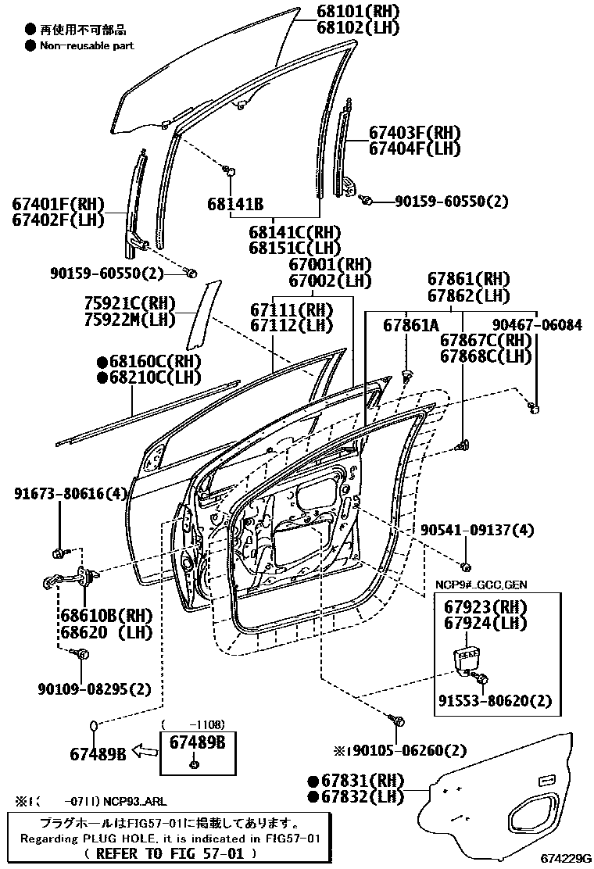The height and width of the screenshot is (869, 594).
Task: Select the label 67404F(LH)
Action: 414,148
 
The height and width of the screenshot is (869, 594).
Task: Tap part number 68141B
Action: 234,205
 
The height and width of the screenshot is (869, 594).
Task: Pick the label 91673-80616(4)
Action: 70,494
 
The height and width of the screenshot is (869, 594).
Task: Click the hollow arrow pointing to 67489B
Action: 144,753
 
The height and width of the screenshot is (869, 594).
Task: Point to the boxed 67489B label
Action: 197,742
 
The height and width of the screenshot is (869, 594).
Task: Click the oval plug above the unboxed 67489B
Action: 94,726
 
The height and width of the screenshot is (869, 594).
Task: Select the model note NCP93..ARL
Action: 133,801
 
